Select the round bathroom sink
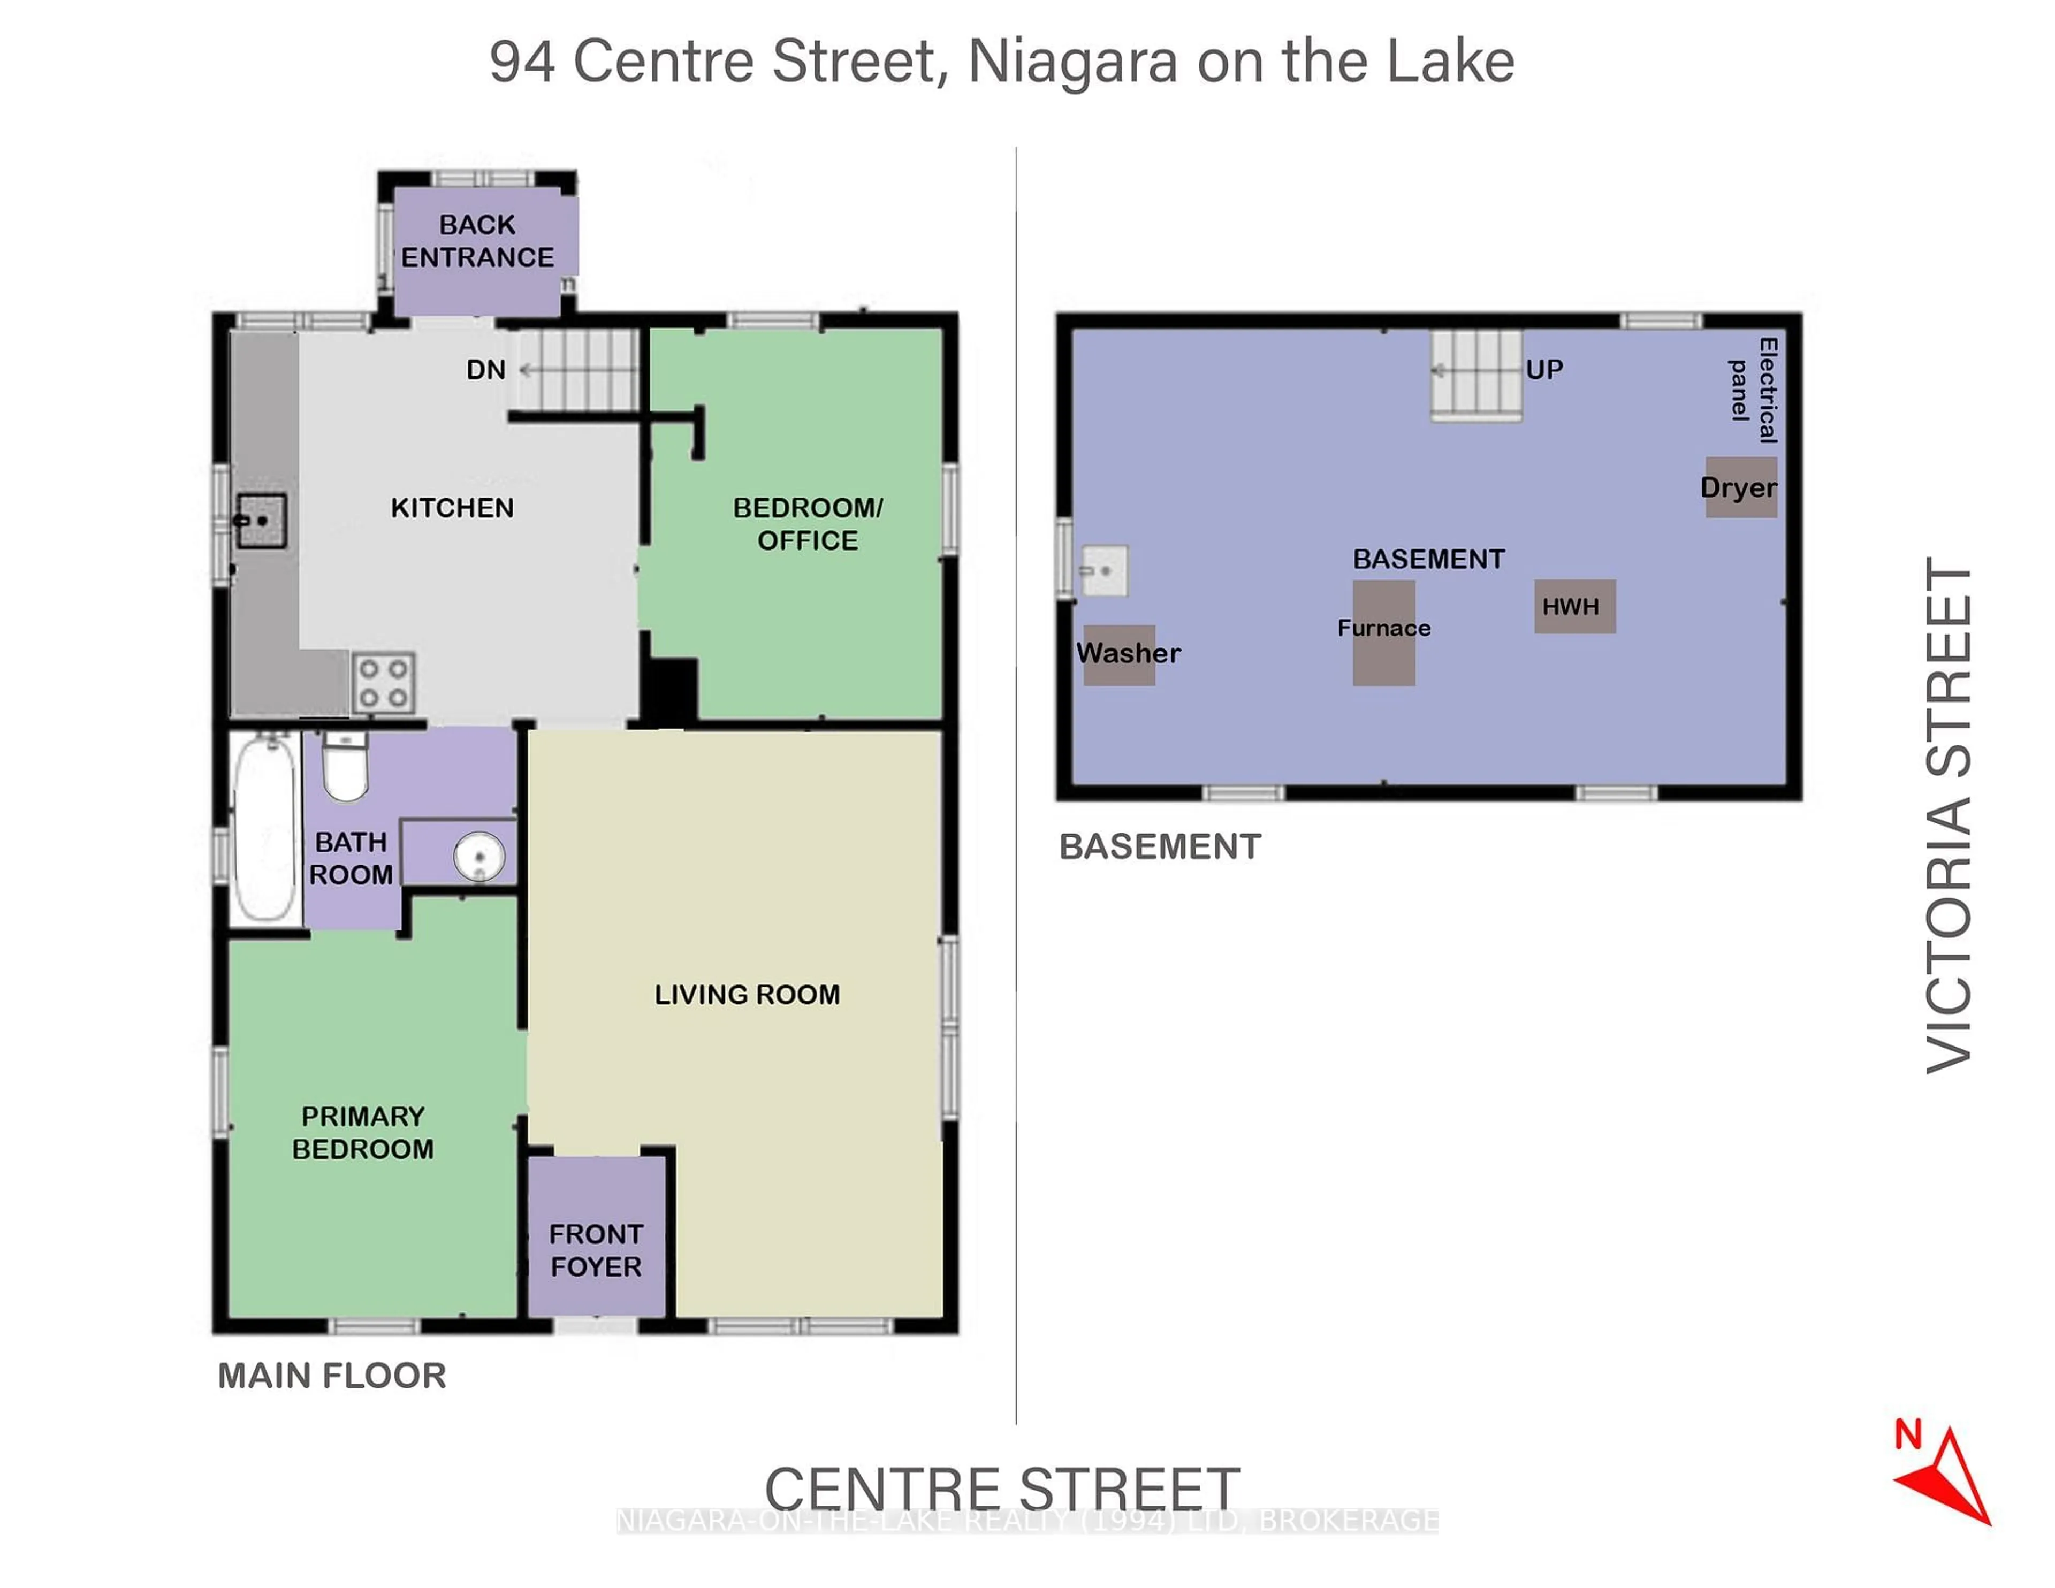click(479, 856)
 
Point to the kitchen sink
click(261, 520)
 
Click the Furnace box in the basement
click(1383, 632)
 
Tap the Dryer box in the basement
click(1741, 487)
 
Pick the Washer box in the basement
click(1120, 654)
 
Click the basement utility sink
click(1103, 571)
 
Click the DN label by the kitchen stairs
click(485, 370)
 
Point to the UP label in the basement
click(1544, 370)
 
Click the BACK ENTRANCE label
click(477, 241)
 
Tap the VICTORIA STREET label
click(1949, 815)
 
